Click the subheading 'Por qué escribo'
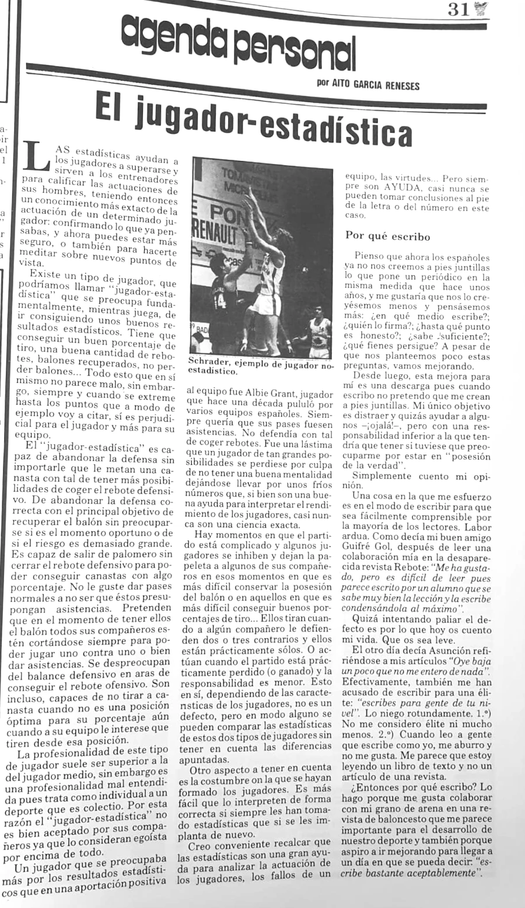click(388, 236)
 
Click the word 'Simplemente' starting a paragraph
click(381, 476)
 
